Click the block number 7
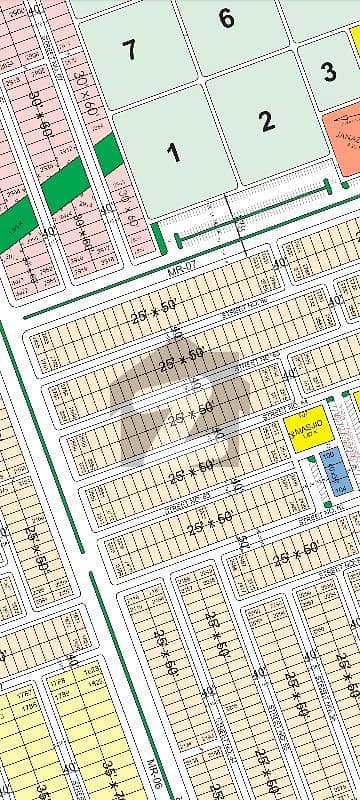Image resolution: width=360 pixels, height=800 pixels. point(128,49)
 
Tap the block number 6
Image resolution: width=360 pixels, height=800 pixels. point(226,18)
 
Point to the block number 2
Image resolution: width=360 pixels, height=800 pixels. point(265,122)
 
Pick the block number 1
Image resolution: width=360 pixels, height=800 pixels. point(174,153)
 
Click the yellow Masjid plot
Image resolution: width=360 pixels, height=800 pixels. point(303,431)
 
